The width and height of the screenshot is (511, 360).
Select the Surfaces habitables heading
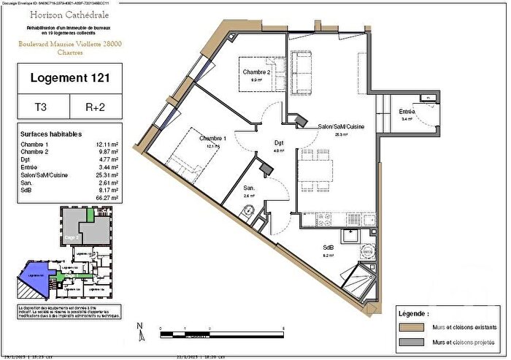[x=51, y=134]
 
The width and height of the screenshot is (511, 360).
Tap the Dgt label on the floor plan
[x=279, y=143]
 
